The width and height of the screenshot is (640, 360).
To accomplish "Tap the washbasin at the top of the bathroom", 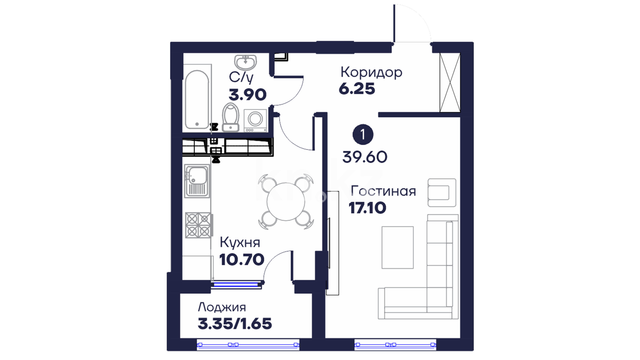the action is click(x=246, y=63).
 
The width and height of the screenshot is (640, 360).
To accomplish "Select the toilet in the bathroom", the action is click(x=231, y=117).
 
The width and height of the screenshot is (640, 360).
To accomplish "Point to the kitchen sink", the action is click(x=197, y=180).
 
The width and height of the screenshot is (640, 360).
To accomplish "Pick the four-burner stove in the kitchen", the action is click(x=198, y=225).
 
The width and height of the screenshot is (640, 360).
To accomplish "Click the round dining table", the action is click(x=286, y=202).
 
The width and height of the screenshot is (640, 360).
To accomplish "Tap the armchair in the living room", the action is click(x=442, y=193).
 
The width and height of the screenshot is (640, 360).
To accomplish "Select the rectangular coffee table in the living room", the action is click(x=398, y=247).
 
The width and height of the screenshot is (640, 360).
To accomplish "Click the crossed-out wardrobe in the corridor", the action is click(x=450, y=82).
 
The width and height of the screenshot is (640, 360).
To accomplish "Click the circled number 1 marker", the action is click(x=363, y=135).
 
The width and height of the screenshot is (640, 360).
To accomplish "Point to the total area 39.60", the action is click(x=365, y=157).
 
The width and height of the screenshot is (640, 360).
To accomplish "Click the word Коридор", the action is click(x=371, y=72).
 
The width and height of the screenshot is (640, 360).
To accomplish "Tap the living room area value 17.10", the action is click(x=367, y=208).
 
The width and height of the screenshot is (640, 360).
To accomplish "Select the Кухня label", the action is click(x=240, y=243).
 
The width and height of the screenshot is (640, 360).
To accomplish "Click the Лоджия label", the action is click(x=222, y=307).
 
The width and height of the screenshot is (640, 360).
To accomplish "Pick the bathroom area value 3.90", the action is click(x=248, y=95).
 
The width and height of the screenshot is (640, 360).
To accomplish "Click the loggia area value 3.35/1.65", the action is click(x=235, y=324).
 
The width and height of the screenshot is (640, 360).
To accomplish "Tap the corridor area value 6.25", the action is click(x=357, y=89).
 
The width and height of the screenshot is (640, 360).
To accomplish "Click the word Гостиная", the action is click(x=384, y=191).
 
